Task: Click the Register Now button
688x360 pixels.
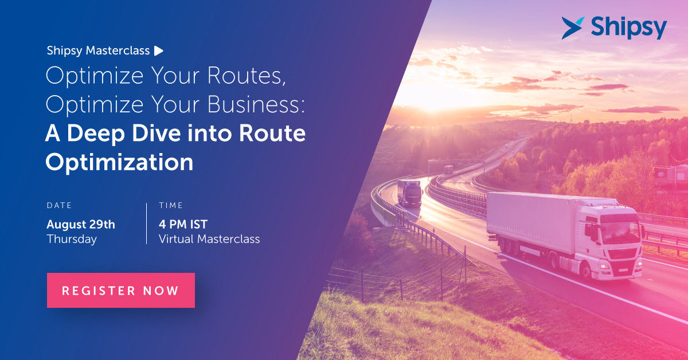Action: (x=121, y=290)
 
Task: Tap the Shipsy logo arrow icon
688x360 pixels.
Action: (x=572, y=28)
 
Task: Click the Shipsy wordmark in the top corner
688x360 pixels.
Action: (x=629, y=28)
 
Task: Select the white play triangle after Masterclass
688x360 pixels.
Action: (x=158, y=50)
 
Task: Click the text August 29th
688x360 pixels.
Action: (x=81, y=225)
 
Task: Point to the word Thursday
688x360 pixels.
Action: (x=72, y=239)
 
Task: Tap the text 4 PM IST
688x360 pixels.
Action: (x=183, y=225)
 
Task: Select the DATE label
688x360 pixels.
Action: (x=59, y=205)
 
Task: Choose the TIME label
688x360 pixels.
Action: (x=171, y=205)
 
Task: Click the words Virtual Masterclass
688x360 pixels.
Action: (x=209, y=239)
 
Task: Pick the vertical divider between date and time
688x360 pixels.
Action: (x=147, y=224)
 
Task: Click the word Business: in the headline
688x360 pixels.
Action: (x=256, y=104)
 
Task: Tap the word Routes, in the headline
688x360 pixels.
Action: (x=247, y=76)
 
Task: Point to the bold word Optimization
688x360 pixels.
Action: (x=119, y=162)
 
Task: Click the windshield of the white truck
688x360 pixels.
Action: (x=620, y=233)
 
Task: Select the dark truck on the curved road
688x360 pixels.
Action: (x=409, y=193)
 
